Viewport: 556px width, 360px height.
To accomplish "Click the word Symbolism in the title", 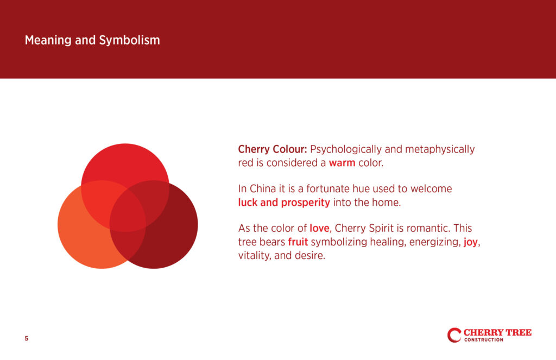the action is [129, 40].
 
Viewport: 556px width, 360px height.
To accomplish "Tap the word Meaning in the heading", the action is [48, 40].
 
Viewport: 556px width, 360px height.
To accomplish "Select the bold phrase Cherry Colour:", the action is [273, 149].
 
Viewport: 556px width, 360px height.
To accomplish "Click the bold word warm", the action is [342, 163].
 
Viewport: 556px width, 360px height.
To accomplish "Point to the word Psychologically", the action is [346, 149].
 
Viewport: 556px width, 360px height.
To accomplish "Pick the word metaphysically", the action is [440, 149].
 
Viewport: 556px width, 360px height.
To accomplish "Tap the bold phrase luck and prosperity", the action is [284, 203].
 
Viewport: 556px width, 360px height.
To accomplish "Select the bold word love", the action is [319, 228].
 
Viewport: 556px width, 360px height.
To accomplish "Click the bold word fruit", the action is [298, 242].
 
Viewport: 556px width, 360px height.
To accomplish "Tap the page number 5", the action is [27, 338].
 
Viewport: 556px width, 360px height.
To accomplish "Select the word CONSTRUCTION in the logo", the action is [484, 340].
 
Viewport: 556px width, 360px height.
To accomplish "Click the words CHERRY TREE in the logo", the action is [497, 332].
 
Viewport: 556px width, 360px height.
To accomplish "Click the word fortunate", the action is [327, 189].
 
